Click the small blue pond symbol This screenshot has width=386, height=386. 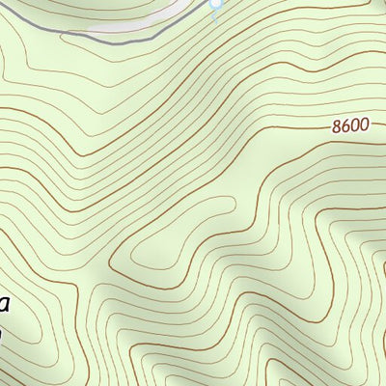(x=215, y=5)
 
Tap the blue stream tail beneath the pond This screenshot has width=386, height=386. (x=214, y=15)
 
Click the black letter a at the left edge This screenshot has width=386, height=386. (x=4, y=308)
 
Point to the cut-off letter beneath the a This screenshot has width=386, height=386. (x=3, y=334)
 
